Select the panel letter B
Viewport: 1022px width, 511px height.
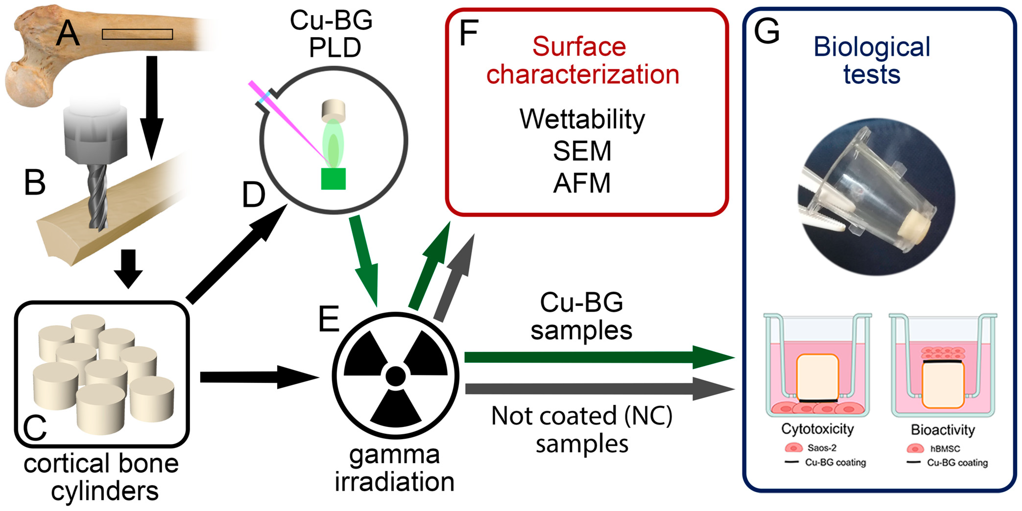(x=35, y=183)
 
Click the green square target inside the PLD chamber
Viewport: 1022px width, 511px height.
(x=333, y=179)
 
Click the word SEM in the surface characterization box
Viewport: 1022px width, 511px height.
(x=582, y=151)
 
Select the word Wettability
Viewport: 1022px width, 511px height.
(x=582, y=119)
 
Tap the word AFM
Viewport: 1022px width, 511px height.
(x=582, y=183)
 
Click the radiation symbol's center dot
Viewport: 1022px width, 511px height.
(x=396, y=376)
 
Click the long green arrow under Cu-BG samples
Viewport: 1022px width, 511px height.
(x=595, y=357)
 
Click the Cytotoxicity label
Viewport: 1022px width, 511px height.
(x=817, y=429)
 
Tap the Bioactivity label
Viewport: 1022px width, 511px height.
(x=943, y=430)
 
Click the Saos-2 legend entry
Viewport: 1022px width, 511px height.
(x=821, y=448)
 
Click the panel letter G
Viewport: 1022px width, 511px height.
(x=767, y=32)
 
